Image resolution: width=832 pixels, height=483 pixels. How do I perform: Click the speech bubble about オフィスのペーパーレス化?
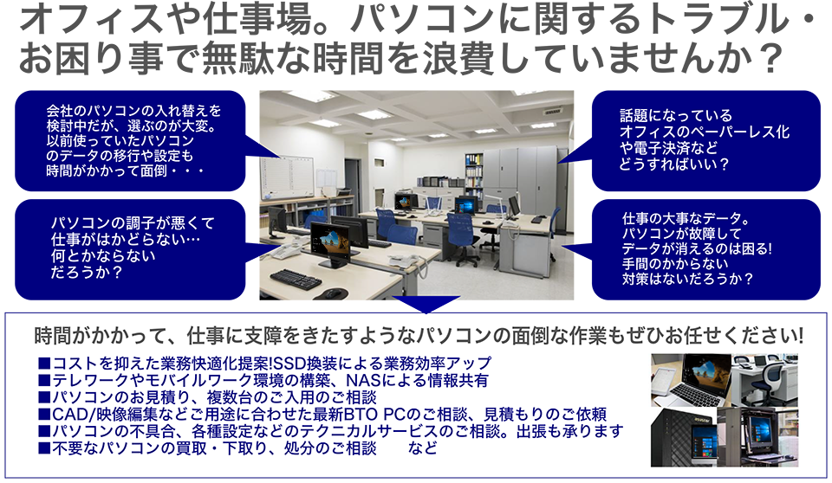pyautogui.click(x=705, y=140)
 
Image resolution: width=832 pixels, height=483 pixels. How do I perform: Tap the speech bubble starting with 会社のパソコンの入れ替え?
pyautogui.click(x=130, y=140)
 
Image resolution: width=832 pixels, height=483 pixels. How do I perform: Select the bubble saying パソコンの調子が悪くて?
pyautogui.click(x=130, y=249)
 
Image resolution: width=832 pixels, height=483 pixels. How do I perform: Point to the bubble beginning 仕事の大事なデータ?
pyautogui.click(x=705, y=249)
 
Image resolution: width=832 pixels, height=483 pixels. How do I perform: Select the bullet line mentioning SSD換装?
pyautogui.click(x=265, y=364)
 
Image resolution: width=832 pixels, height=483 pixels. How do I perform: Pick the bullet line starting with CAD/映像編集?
pyautogui.click(x=322, y=414)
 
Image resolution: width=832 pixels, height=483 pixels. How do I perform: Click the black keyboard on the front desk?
pyautogui.click(x=296, y=279)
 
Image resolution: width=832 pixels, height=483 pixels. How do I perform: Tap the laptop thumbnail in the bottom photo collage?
pyautogui.click(x=691, y=380)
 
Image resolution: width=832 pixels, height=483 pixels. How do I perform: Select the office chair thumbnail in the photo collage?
pyautogui.click(x=764, y=380)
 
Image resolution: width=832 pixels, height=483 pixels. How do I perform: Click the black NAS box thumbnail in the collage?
pyautogui.click(x=684, y=437)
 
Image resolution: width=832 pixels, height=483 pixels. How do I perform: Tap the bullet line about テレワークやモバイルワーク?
pyautogui.click(x=263, y=380)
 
